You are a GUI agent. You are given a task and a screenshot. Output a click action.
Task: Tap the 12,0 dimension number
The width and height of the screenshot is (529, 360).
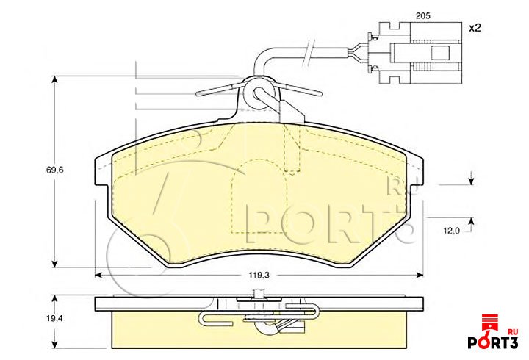[451, 229]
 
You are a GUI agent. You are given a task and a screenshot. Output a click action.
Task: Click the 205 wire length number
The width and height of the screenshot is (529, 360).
[422, 15]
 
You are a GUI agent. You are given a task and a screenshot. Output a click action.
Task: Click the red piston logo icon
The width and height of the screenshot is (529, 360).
[490, 323]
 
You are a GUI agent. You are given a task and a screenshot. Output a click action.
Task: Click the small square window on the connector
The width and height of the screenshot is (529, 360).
[441, 52]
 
